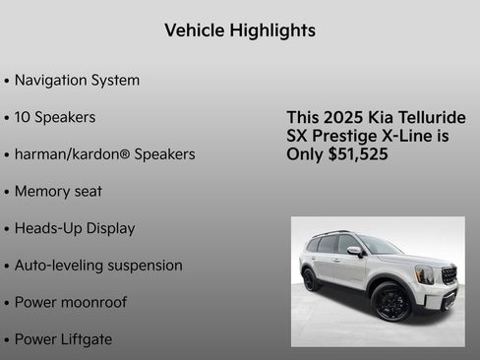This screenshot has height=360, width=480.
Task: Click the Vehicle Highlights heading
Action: tap(240, 30)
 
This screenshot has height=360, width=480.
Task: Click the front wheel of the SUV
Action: tap(391, 301)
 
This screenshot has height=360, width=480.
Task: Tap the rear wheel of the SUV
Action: tap(311, 279)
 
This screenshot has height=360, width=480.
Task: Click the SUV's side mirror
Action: tap(354, 252)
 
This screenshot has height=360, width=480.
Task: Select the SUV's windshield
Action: tap(379, 246)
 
